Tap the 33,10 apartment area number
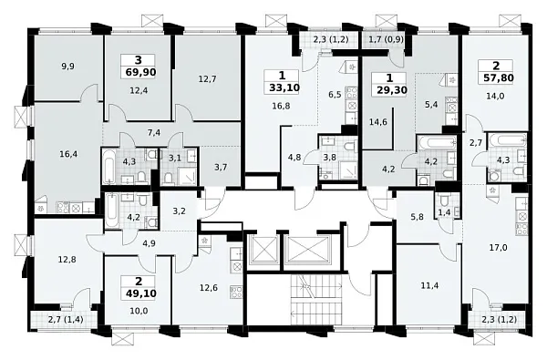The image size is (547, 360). (284, 87)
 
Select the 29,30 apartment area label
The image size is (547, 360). (392, 90)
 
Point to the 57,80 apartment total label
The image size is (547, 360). (499, 77)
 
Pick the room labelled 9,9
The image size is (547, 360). (67, 67)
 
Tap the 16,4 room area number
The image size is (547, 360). (68, 153)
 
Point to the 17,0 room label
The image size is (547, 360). (499, 248)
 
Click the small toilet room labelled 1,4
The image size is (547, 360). (445, 211)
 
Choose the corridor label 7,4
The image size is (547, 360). (154, 132)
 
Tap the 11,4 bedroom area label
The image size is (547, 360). (429, 285)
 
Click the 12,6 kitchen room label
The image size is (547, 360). (209, 288)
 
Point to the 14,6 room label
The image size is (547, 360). (378, 122)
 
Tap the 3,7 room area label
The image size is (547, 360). (221, 167)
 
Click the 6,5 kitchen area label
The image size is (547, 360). (335, 95)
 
